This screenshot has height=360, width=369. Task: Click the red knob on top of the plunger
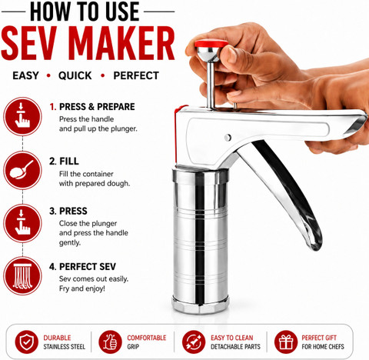[x=211, y=43]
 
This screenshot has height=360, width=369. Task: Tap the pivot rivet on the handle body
[x=228, y=138]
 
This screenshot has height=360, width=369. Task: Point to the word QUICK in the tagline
[x=75, y=75]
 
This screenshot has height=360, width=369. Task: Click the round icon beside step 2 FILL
[x=22, y=170]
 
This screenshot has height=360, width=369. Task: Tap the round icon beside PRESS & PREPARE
[x=22, y=116]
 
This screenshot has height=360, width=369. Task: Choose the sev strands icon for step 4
[x=22, y=275]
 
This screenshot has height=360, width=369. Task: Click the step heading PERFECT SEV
[x=88, y=267]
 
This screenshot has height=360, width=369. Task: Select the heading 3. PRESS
[x=68, y=211]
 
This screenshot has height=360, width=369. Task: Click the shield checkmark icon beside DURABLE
[x=26, y=342]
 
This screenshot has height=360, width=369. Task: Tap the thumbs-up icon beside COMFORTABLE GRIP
[x=110, y=342]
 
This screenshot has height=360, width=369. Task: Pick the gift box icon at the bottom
[x=286, y=342]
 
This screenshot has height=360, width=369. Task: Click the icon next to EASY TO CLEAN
[x=194, y=342]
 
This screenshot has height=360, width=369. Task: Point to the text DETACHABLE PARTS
[x=235, y=347]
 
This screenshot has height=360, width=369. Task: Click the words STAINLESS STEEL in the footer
[x=64, y=347]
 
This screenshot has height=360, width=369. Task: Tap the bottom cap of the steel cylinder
[x=200, y=305]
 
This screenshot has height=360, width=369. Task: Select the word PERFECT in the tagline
[x=136, y=75]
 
